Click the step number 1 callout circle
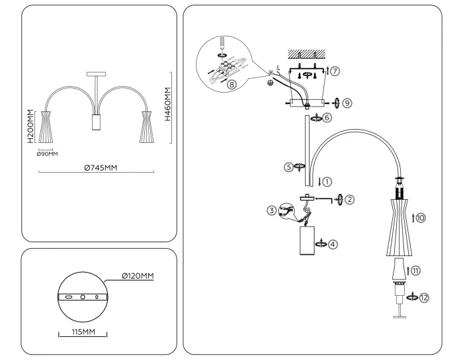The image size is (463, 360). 327,181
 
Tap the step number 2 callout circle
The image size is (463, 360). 349,199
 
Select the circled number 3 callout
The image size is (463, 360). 271,211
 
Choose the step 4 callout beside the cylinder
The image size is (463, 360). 333,244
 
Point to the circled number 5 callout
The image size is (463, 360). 289,167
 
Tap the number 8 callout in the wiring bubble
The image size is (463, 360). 230,85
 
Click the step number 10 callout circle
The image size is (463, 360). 420,216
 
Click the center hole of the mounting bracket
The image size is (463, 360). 83,298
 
